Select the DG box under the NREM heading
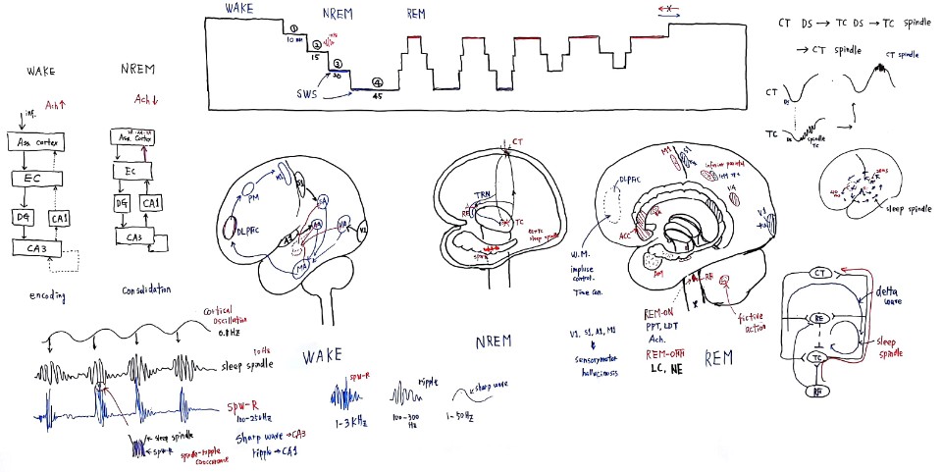pyautogui.click(x=124, y=202)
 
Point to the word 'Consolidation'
pyautogui.click(x=148, y=290)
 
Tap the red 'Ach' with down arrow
pyautogui.click(x=147, y=99)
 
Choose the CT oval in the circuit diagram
pyautogui.click(x=821, y=273)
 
